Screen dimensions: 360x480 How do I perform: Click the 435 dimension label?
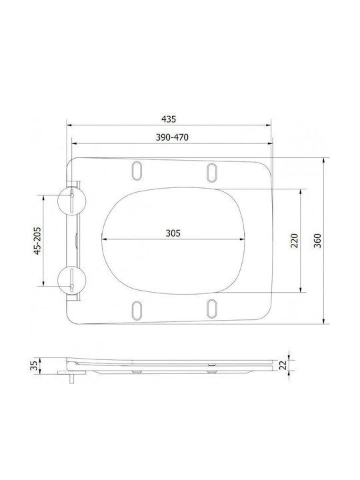point(169,119)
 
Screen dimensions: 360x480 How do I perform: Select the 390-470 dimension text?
point(172,137)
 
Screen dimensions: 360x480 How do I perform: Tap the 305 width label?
point(173,233)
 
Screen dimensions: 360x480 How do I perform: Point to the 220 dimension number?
point(295,241)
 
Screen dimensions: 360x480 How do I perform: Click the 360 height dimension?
point(318,241)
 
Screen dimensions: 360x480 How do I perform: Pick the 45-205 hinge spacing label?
point(37,241)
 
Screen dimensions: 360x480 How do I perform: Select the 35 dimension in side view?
point(34,365)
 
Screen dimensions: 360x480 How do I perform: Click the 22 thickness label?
point(283,365)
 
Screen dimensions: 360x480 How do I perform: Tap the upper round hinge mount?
point(71,201)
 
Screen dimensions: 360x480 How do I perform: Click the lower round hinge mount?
point(71,281)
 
